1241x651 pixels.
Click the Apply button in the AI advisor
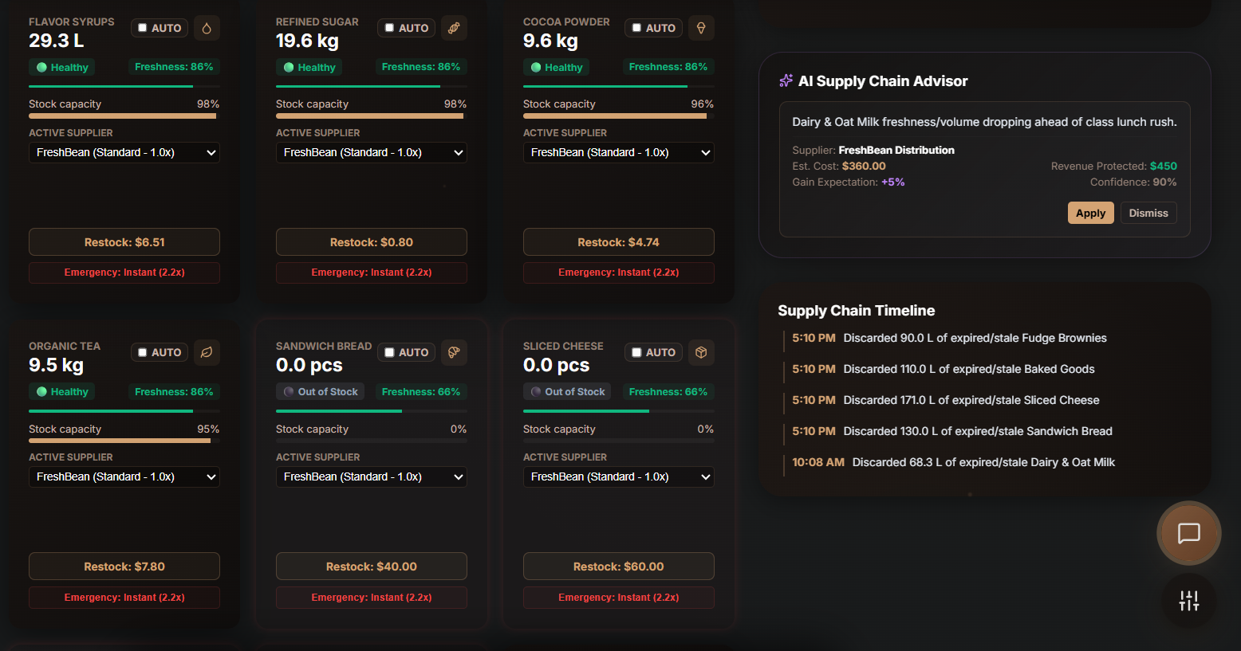[x=1090, y=213]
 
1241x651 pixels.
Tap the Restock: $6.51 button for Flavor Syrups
[x=124, y=242]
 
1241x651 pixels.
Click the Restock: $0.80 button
[x=371, y=242]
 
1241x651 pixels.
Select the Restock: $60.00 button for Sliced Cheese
[x=618, y=567]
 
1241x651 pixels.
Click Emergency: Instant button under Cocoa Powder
[x=618, y=273]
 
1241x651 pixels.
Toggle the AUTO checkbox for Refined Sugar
[x=389, y=28]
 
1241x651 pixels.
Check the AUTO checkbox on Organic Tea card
[x=143, y=352]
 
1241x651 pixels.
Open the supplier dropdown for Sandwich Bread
[x=371, y=476]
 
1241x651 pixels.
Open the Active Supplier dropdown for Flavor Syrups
[x=124, y=152]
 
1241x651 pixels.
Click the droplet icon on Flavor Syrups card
[x=207, y=28]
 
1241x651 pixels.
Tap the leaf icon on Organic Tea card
[x=207, y=353]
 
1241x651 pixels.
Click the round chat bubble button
[x=1188, y=533]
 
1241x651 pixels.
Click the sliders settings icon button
[x=1189, y=601]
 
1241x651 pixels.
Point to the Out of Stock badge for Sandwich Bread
[x=321, y=392]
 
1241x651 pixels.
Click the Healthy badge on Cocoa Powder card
[x=556, y=68]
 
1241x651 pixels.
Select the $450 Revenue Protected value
[x=1164, y=166]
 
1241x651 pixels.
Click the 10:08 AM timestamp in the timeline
[x=818, y=462]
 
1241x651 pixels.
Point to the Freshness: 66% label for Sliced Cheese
[x=668, y=392]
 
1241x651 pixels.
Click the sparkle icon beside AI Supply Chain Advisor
[x=786, y=80]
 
